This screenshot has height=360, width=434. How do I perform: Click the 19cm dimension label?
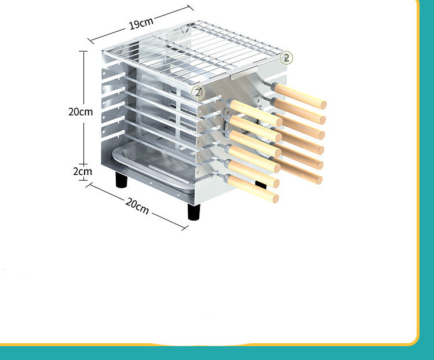141,24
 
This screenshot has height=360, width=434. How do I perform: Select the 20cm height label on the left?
80,112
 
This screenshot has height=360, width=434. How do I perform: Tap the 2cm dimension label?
82,171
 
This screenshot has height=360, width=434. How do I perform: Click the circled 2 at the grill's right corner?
286,58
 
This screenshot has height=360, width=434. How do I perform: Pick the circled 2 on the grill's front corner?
198,92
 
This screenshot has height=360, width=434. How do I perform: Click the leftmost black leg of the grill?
122,180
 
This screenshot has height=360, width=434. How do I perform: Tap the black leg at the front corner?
194,211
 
